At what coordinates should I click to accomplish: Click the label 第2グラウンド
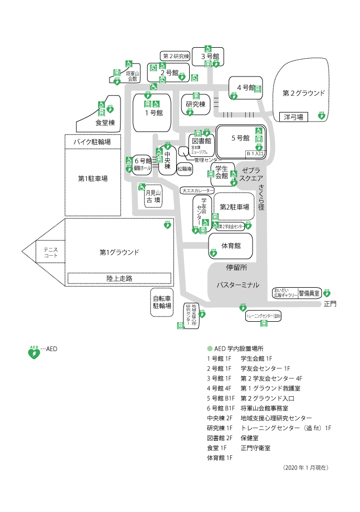point(303,93)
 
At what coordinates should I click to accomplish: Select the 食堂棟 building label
point(105,123)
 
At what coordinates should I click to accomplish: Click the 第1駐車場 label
point(93,179)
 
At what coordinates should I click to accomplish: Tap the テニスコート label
point(50,253)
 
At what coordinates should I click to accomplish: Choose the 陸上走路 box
point(119,278)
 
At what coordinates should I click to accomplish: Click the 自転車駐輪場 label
point(162,301)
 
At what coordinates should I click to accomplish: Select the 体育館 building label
point(231,245)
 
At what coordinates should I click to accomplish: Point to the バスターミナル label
point(238,285)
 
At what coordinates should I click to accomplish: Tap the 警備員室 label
point(309,293)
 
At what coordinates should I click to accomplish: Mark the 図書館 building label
point(201,141)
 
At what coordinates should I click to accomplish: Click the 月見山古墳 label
point(152,197)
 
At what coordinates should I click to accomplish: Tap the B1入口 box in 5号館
point(255,154)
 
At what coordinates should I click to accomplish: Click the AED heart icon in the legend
point(34,352)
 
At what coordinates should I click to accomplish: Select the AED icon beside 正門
point(327,293)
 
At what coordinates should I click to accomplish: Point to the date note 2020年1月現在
point(307,466)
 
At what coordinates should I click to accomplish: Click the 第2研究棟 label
point(175,56)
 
